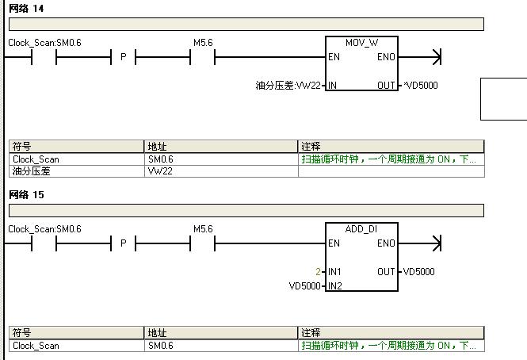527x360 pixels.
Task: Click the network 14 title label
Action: point(26,9)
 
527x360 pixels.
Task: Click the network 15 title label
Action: point(26,195)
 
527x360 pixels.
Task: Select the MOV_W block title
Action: point(361,42)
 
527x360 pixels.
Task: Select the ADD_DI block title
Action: point(361,229)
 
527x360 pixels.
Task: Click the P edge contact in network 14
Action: point(123,57)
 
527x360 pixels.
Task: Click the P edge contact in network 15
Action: point(123,243)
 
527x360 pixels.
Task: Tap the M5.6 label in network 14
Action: point(203,42)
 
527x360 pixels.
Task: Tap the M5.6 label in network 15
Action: point(203,229)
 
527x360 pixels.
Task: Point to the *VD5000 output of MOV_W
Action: point(420,86)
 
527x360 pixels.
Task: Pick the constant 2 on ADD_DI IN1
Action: point(318,272)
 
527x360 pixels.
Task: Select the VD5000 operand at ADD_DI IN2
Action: point(305,286)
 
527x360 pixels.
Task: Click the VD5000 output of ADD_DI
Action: point(418,272)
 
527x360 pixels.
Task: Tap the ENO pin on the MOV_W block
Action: point(386,57)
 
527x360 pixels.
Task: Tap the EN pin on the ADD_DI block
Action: point(334,243)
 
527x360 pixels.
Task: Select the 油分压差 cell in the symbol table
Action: point(32,170)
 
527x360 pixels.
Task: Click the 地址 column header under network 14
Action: point(158,147)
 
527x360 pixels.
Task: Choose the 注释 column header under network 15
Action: point(311,333)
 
